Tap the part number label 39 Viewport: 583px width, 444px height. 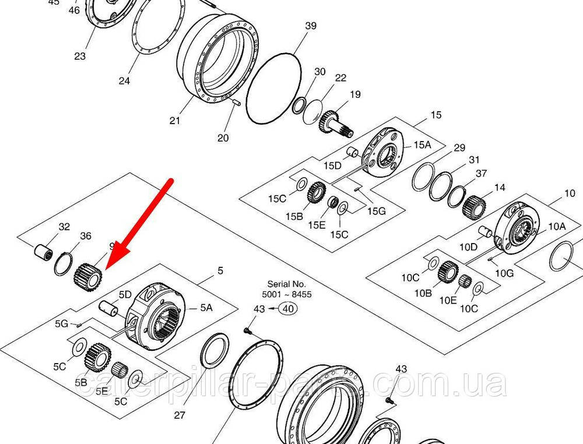pos(311,26)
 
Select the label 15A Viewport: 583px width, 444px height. pos(422,145)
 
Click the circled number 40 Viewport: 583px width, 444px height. pos(287,309)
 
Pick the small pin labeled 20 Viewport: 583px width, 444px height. pos(236,104)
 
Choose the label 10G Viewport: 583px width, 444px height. pos(504,273)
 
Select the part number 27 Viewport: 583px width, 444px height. pos(180,415)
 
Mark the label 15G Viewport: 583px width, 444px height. pos(377,211)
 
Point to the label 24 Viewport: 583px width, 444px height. pos(124,81)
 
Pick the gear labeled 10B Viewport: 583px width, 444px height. pos(447,271)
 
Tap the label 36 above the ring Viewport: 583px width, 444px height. pos(86,236)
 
